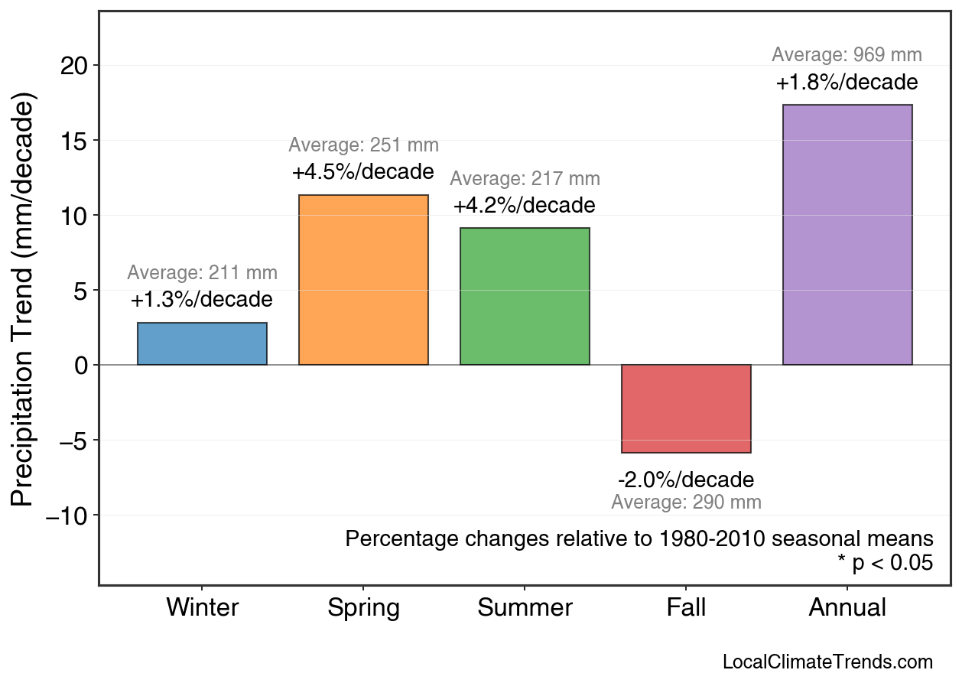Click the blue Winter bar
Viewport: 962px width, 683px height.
202,344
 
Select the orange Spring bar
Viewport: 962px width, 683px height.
363,280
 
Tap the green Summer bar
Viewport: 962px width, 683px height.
525,297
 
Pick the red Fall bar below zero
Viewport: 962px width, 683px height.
686,408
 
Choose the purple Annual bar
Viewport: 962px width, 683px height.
847,235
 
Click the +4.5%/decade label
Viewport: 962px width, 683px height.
363,172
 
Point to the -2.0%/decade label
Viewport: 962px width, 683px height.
686,480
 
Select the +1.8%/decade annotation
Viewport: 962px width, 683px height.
847,83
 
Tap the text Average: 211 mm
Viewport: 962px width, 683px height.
202,273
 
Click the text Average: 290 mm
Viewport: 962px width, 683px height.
686,502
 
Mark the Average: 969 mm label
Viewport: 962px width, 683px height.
847,55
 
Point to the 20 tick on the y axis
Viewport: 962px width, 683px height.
74,66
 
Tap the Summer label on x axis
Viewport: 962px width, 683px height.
525,608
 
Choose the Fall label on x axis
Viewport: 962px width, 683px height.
686,608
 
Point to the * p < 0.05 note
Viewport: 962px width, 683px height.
885,563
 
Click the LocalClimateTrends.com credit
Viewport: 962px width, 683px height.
827,662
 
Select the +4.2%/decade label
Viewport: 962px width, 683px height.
524,206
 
